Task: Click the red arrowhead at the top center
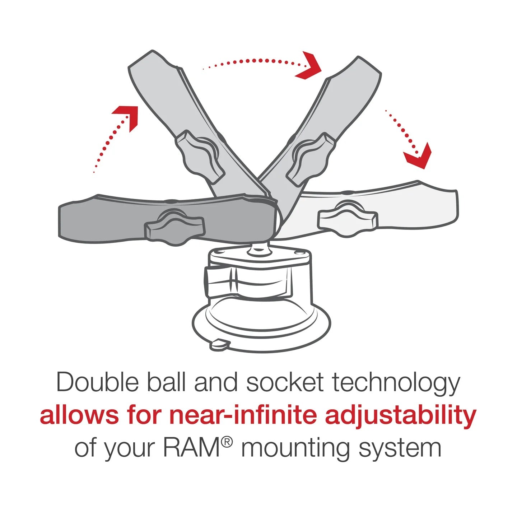pyautogui.click(x=309, y=66)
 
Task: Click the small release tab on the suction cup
pyautogui.click(x=219, y=344)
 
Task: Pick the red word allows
pyautogui.click(x=79, y=415)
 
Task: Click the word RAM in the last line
pyautogui.click(x=191, y=448)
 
